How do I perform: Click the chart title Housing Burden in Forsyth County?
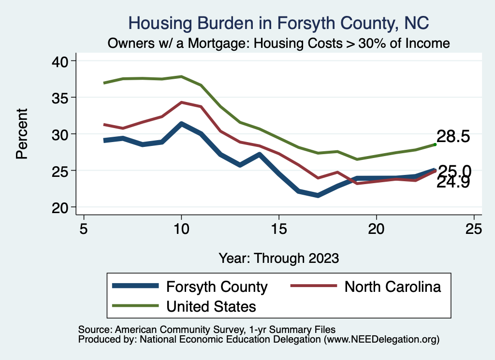(278, 23)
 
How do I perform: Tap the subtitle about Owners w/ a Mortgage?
(278, 43)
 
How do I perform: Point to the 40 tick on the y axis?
(62, 61)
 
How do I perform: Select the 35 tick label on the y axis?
(62, 98)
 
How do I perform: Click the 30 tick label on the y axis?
(62, 134)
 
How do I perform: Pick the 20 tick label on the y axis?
(62, 207)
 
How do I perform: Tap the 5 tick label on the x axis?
(84, 229)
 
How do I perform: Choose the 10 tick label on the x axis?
(181, 229)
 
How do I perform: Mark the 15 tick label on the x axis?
(278, 229)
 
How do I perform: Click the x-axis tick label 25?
(474, 229)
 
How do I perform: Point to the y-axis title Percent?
(21, 134)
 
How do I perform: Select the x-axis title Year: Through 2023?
(278, 258)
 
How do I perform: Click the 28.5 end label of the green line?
(453, 136)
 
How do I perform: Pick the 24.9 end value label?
(453, 182)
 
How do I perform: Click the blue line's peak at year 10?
(181, 124)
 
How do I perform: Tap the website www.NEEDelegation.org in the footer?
(381, 339)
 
